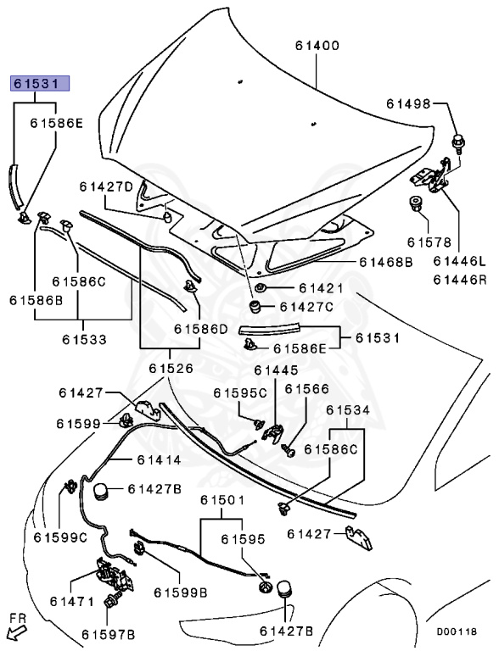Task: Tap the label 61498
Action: coord(411,103)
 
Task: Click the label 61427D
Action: coord(107,186)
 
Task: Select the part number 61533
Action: coord(84,340)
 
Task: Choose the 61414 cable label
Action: coord(154,459)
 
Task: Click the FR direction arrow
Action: coord(15,630)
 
